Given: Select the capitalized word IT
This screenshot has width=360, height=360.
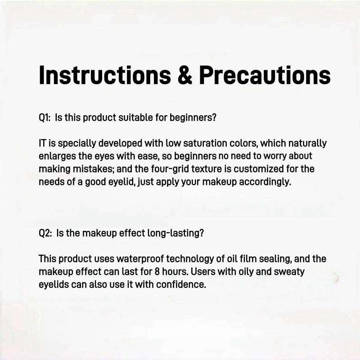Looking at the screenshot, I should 43,144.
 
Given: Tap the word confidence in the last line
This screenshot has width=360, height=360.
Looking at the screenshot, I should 182,285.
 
